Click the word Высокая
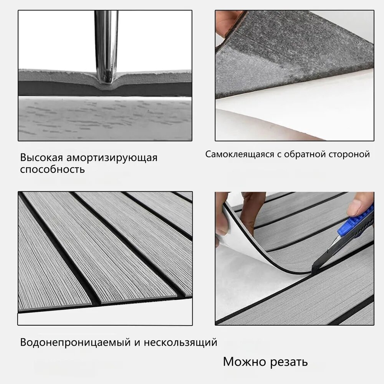click(41, 157)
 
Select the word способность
click(52, 169)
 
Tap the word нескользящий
click(180, 343)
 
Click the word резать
click(287, 362)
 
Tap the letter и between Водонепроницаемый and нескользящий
click(137, 343)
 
